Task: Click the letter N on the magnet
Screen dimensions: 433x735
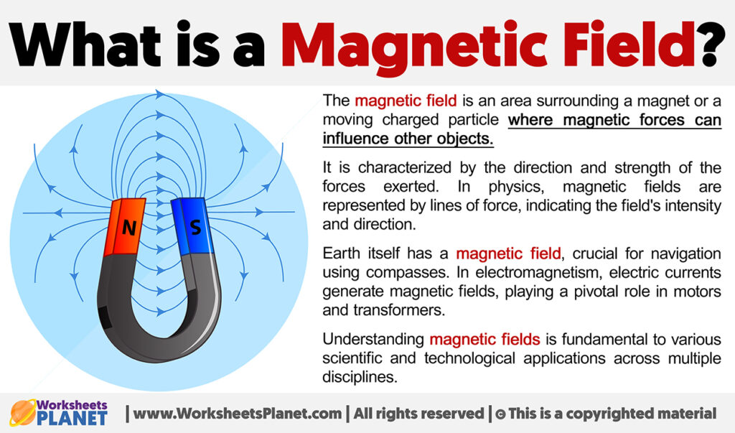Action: coord(128,228)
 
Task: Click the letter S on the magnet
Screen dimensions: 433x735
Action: coord(194,228)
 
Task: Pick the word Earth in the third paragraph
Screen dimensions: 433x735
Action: coord(343,254)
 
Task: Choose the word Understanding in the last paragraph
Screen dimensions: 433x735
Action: coord(373,339)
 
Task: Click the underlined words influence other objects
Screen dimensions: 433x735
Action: coord(408,138)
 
